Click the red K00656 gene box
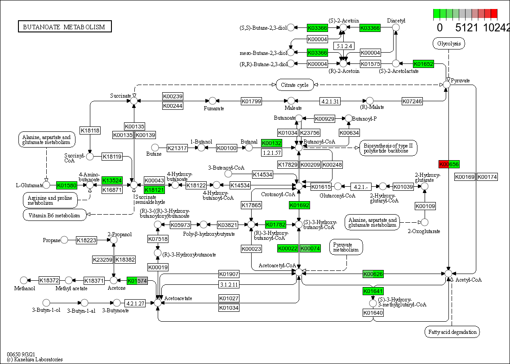coord(449,164)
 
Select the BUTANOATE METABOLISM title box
coord(64,27)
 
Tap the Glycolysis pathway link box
coord(448,44)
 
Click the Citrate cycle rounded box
coord(295,85)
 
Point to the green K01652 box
coord(423,64)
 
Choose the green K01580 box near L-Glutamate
coord(67,184)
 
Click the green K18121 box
coord(154,190)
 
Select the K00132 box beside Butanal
coord(271,143)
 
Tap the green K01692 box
coord(299,206)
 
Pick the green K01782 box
coord(275,224)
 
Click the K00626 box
coord(373,274)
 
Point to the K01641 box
coord(373,291)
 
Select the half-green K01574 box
coord(137,281)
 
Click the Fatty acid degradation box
coord(452,332)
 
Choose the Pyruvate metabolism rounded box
coord(346,247)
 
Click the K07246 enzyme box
coord(412,101)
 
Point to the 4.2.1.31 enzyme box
coord(330,101)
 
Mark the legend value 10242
coord(497,27)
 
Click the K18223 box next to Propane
coord(86,240)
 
